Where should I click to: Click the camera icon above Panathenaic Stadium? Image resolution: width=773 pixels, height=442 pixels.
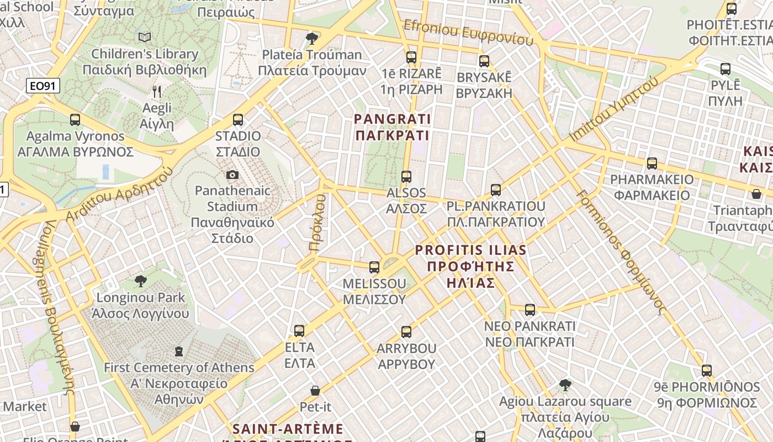coord(232,175)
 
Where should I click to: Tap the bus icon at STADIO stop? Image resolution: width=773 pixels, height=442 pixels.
coord(238,119)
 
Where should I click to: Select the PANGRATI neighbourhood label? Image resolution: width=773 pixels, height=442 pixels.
coord(392,127)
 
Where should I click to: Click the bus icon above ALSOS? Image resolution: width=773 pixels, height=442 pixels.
coord(406,177)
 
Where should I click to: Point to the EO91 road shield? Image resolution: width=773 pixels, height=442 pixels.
coord(43,86)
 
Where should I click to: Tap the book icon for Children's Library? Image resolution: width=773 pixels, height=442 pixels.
coord(145,37)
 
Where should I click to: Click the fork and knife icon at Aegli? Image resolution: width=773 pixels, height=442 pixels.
coord(157,91)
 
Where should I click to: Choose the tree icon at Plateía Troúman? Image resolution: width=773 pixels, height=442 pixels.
coord(312,38)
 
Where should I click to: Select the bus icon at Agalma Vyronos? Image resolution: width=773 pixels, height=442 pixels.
coord(75,119)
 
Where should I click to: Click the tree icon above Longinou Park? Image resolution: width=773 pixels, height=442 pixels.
coord(141,281)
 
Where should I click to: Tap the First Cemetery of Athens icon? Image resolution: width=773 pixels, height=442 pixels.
coord(178,351)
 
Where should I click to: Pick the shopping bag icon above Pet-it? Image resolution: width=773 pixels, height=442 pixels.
coord(315,391)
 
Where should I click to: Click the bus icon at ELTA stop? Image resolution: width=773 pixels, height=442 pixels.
coord(299,331)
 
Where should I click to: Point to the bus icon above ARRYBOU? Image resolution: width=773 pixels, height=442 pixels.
coord(406,332)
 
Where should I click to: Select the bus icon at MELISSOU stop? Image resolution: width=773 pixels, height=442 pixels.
coord(374,267)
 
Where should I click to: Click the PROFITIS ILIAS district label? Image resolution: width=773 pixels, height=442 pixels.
coord(470,266)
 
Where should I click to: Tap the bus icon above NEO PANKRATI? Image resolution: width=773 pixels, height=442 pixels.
coord(530,310)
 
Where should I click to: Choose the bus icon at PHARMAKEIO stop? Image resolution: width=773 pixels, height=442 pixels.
coord(652,163)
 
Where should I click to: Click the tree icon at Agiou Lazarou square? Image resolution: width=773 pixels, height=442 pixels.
coord(565,385)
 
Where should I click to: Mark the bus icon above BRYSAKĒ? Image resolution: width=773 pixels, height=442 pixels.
coord(484,61)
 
